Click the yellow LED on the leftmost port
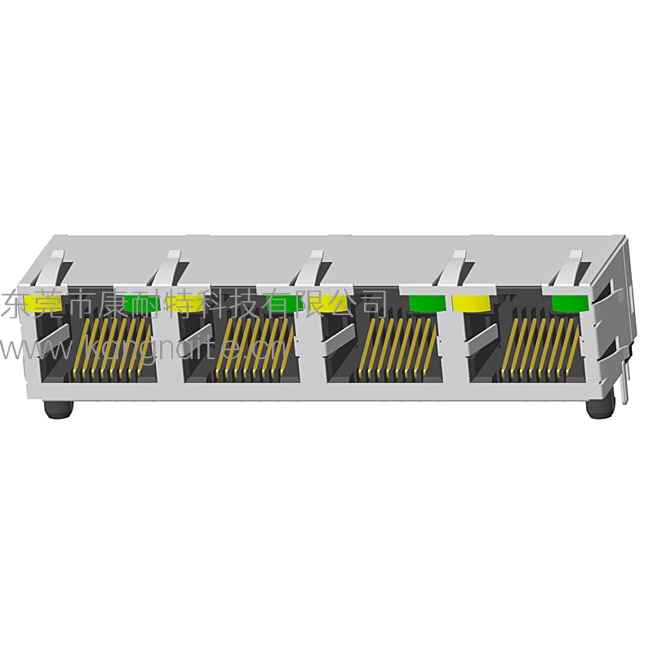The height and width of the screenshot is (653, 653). (x=39, y=302)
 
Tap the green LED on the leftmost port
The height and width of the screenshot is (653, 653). (x=140, y=303)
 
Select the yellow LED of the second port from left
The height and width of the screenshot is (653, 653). (x=184, y=303)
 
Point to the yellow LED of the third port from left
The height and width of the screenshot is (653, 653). (x=330, y=304)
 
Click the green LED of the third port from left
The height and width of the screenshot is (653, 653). (x=426, y=303)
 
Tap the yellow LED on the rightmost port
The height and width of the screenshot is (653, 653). (x=471, y=304)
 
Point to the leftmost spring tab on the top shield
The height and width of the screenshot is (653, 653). (x=53, y=266)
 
